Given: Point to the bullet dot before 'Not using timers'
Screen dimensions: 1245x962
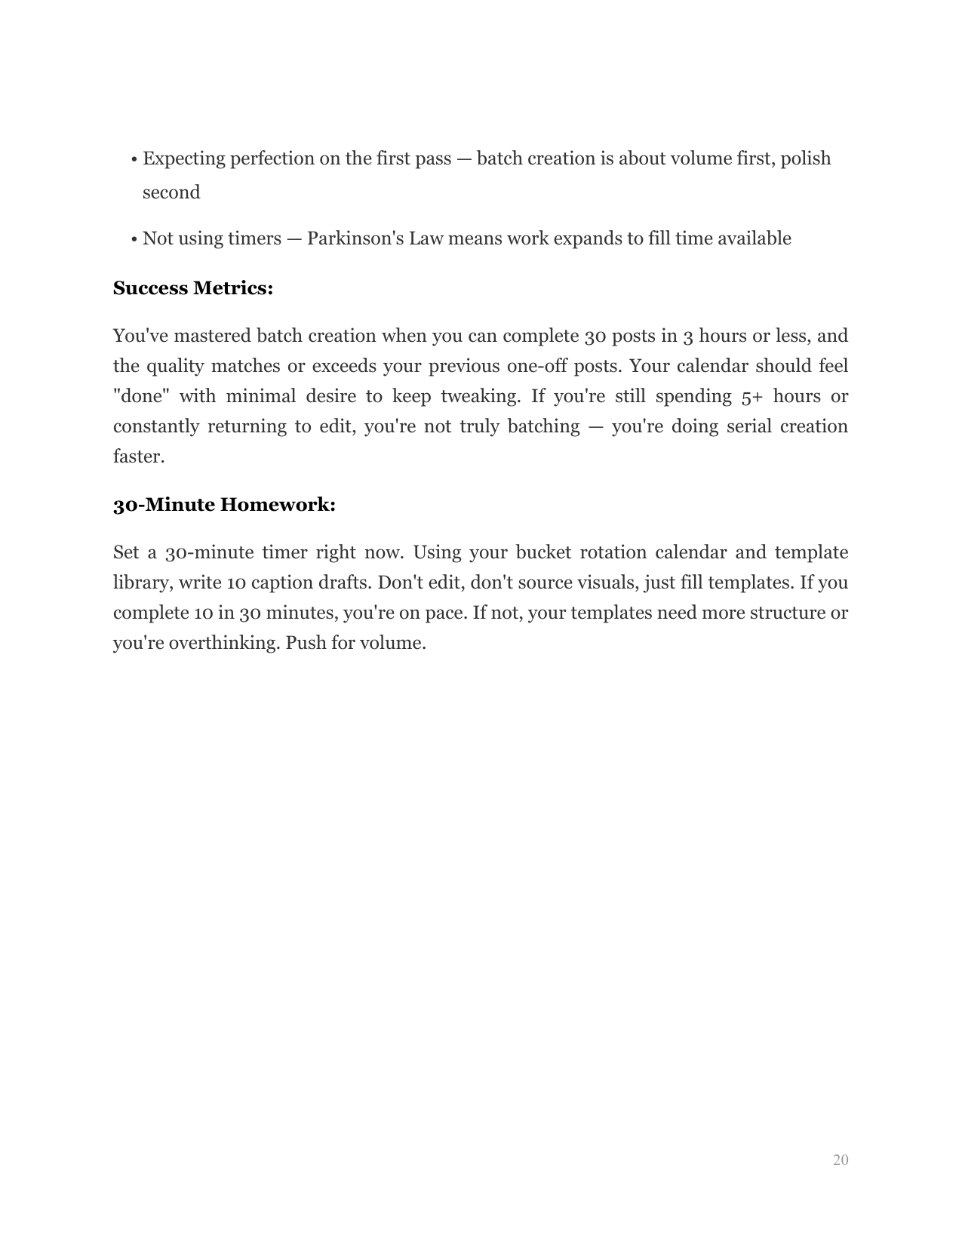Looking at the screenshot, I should [x=134, y=240].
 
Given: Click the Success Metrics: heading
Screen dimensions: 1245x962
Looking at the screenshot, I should [x=192, y=288].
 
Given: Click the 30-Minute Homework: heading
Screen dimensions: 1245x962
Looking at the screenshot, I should [x=224, y=505].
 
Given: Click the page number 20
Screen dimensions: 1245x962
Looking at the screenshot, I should [x=841, y=1160].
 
